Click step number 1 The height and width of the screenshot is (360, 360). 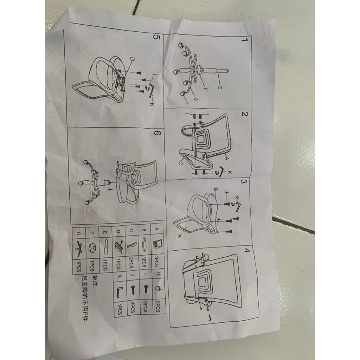click(x=243, y=40)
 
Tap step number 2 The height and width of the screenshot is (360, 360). click(x=245, y=115)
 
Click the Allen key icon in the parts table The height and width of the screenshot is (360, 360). click(x=119, y=291)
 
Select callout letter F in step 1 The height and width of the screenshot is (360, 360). click(x=206, y=89)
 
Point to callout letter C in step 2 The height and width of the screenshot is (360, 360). click(x=180, y=163)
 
